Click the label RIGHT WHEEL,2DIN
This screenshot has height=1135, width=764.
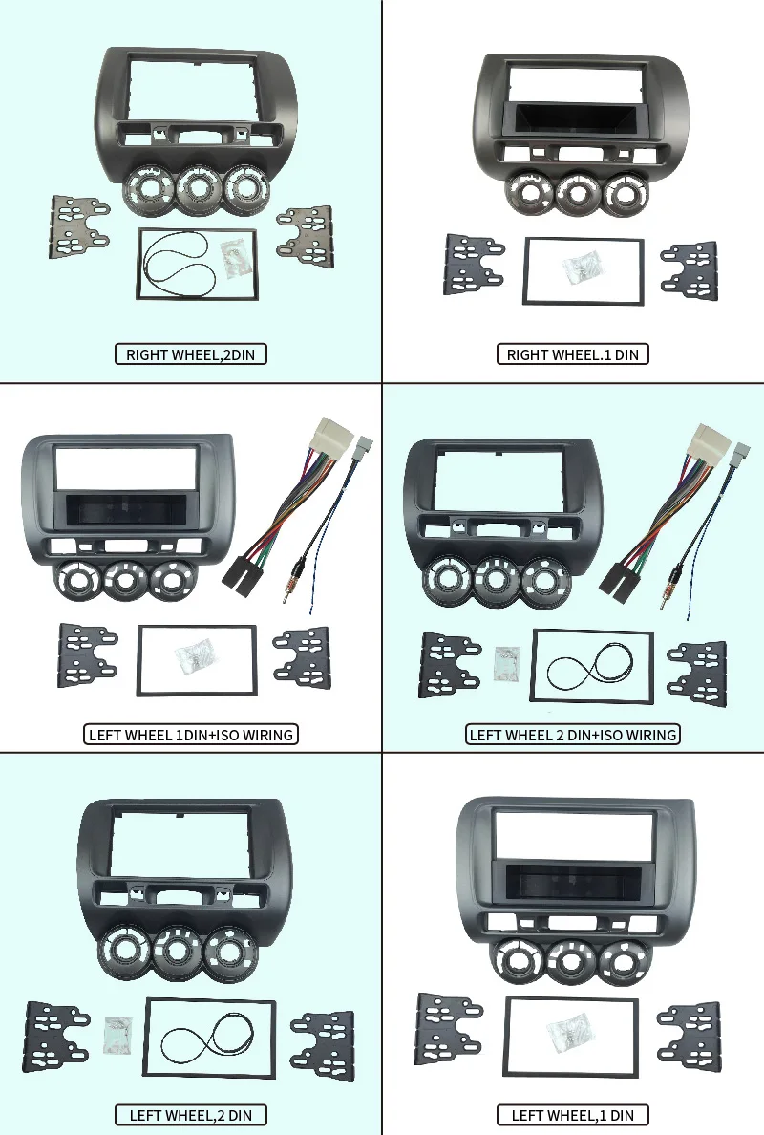pyautogui.click(x=190, y=354)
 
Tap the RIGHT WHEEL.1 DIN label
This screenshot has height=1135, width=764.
pyautogui.click(x=572, y=354)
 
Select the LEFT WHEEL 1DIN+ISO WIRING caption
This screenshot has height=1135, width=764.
pyautogui.click(x=191, y=735)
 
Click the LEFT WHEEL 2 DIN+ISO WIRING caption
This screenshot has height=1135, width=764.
pyautogui.click(x=573, y=735)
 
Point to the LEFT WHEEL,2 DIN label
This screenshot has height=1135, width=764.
pyautogui.click(x=190, y=1116)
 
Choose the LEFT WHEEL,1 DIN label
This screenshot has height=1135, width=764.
pyautogui.click(x=572, y=1116)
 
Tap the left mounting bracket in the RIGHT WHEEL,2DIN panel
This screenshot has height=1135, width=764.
pyautogui.click(x=78, y=225)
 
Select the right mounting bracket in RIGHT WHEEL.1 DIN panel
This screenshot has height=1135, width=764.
pyautogui.click(x=690, y=270)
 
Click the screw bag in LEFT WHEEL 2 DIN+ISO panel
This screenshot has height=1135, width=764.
pyautogui.click(x=507, y=665)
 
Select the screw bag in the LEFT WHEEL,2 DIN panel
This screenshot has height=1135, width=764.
pyautogui.click(x=118, y=1035)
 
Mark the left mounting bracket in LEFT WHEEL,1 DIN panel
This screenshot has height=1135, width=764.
pyautogui.click(x=449, y=1026)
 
